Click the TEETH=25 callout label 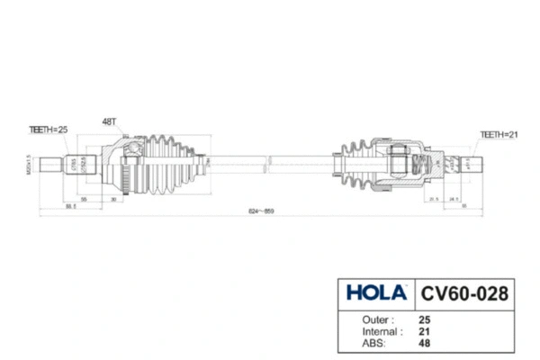click(x=49, y=130)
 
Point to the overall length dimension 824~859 click(x=261, y=211)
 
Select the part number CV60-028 click(x=464, y=293)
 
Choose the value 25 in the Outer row click(x=424, y=319)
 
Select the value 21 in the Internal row click(x=424, y=331)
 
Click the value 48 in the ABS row click(x=424, y=343)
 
